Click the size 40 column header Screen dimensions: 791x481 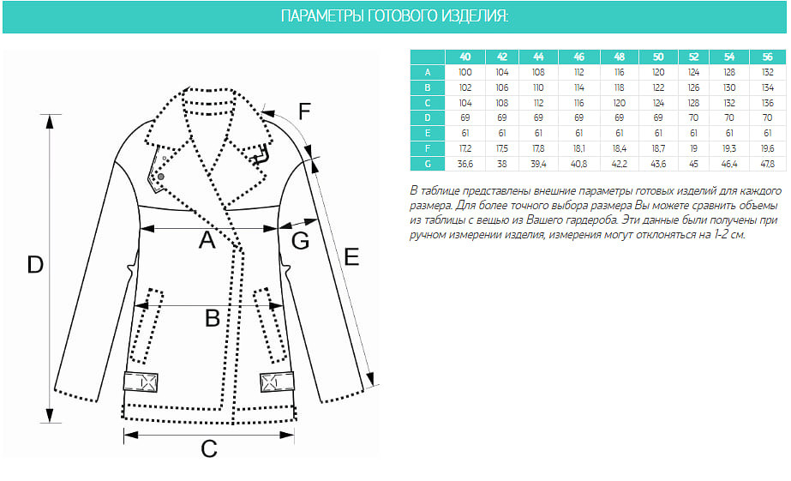(x=465, y=57)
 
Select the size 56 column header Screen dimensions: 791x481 (x=767, y=57)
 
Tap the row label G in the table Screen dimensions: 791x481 (x=428, y=164)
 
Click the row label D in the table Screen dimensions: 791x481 (x=428, y=117)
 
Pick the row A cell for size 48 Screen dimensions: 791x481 (x=619, y=72)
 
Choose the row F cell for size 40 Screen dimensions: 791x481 (x=465, y=149)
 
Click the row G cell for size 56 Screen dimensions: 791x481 (x=767, y=164)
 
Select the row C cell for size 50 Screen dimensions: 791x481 (x=658, y=103)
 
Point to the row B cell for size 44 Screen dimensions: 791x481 (x=538, y=87)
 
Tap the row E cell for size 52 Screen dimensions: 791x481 (x=693, y=133)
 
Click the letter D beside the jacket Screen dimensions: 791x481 (x=35, y=264)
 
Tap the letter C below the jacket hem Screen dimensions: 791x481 (x=209, y=448)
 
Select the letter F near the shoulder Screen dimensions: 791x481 (x=304, y=111)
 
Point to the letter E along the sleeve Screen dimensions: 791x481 (x=351, y=257)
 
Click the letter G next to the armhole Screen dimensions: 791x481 (x=301, y=241)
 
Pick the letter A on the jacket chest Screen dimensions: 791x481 (x=207, y=240)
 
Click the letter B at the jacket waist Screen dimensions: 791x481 (x=213, y=318)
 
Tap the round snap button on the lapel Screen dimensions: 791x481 (x=161, y=177)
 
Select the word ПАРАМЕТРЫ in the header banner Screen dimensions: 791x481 (x=322, y=16)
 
